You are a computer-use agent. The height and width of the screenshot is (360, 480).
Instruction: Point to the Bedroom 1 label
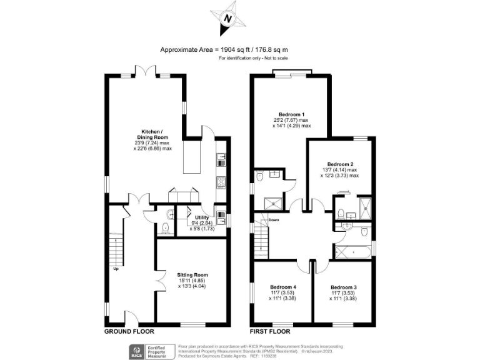point(292,114)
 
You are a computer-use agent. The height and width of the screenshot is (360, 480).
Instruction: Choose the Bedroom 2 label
point(341,164)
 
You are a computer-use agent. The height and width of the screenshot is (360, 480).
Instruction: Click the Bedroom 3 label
point(344,287)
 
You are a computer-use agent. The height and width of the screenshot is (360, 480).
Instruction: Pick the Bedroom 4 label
point(282,287)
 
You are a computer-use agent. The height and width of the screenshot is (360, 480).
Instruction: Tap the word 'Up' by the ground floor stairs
point(116,269)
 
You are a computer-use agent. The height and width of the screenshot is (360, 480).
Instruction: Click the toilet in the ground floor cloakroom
point(165,228)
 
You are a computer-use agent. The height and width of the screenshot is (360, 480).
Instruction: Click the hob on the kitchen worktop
point(221,182)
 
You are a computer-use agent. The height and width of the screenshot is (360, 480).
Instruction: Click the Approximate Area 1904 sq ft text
point(224,49)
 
